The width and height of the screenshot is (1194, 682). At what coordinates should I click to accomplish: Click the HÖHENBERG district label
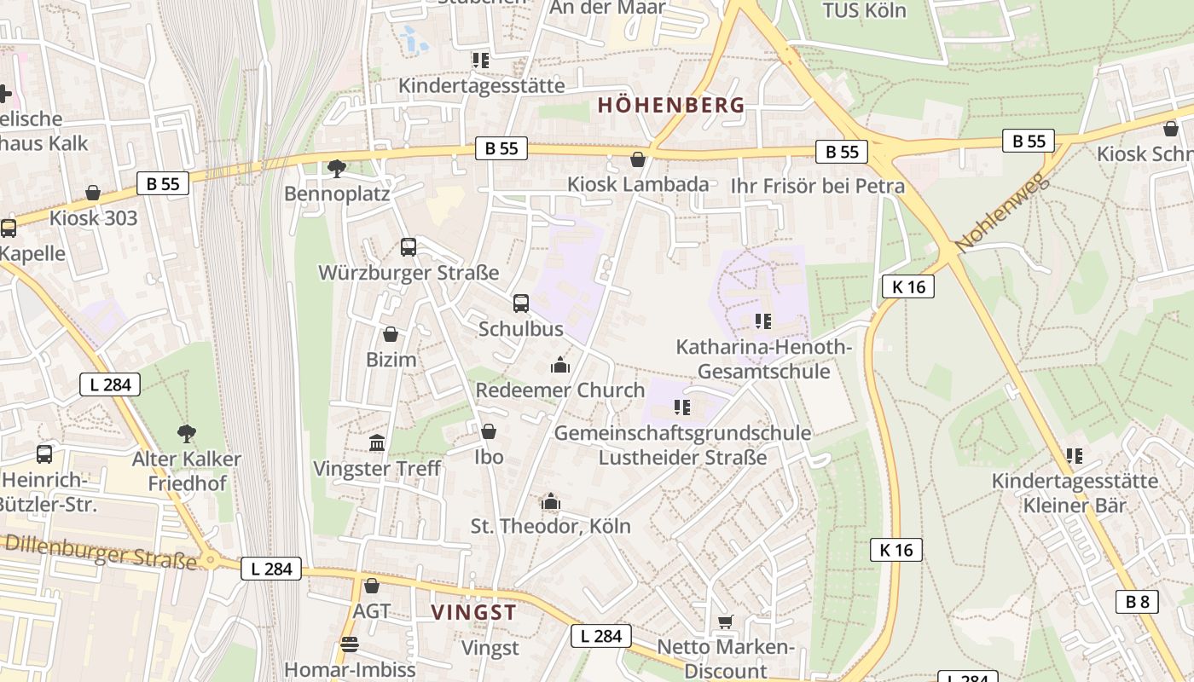pos(671,106)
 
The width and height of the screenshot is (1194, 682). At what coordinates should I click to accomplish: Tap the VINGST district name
pos(474,612)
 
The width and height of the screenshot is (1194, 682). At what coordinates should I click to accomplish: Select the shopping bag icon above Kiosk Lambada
pos(637,159)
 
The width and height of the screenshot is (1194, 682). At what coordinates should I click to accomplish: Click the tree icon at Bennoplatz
pos(337,169)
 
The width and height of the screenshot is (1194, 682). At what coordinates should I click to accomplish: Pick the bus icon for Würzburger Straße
pos(409,247)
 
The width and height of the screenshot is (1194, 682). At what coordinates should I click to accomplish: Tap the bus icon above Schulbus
pos(520,303)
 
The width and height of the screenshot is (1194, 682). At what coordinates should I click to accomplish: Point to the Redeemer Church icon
pos(560,366)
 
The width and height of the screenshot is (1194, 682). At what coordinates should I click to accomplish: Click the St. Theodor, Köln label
pos(551,526)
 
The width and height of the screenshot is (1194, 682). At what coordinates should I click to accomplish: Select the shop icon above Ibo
pos(489,432)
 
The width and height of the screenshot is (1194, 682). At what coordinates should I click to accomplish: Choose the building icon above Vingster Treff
pos(377,443)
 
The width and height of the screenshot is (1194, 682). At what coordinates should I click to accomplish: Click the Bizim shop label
pos(391,360)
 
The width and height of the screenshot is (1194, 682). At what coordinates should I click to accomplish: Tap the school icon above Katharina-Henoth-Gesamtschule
pos(763,321)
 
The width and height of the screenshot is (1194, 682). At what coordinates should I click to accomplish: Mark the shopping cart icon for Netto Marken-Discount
pos(725,622)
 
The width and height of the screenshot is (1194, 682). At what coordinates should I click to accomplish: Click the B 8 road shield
pos(1137,602)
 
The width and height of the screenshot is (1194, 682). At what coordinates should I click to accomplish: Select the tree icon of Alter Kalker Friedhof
pos(186,434)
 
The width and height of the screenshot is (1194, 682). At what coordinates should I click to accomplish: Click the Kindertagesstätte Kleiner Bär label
pos(1074,494)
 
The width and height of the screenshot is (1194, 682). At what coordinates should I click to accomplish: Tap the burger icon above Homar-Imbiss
pos(350,644)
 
